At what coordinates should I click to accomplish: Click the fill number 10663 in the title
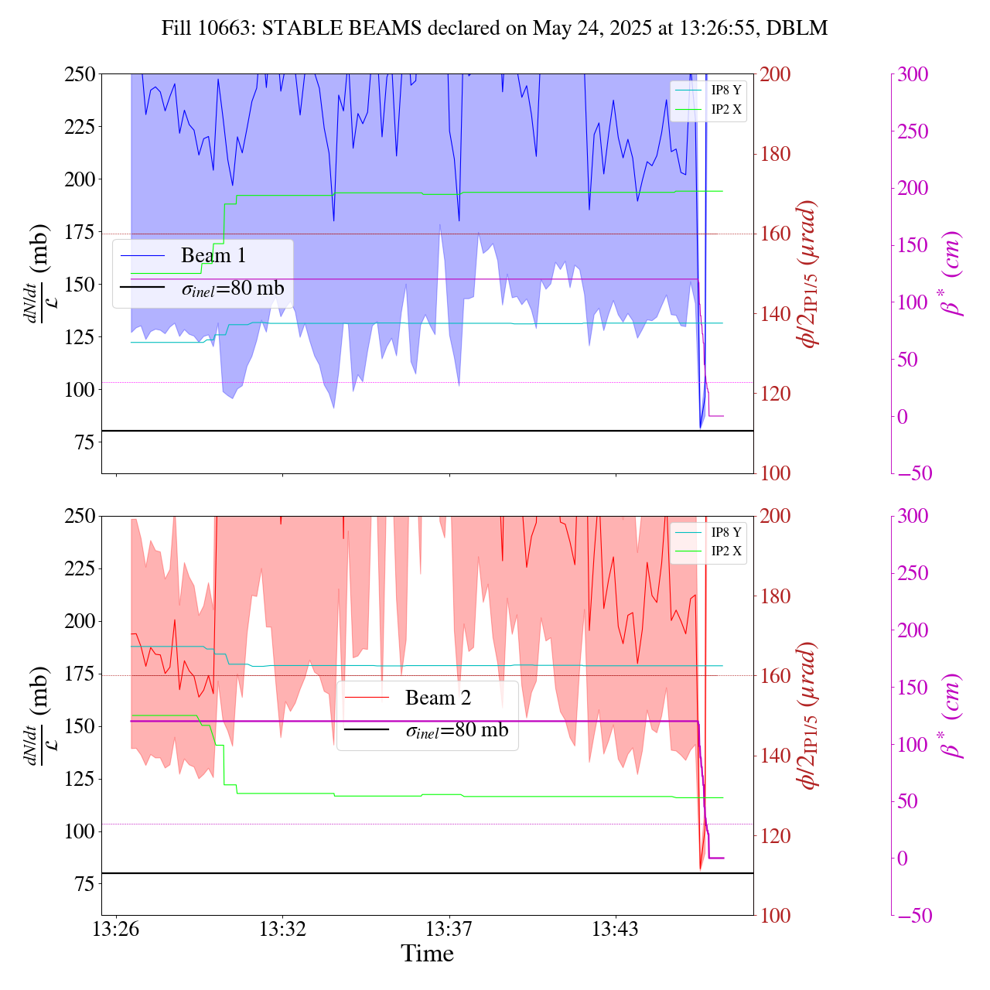(x=230, y=29)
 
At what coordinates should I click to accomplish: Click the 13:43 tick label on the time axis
(x=615, y=929)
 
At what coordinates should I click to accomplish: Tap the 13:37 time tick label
(x=449, y=929)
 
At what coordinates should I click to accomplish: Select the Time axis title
(x=427, y=954)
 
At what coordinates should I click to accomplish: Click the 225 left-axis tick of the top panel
(x=80, y=127)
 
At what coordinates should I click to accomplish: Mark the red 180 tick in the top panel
(x=776, y=154)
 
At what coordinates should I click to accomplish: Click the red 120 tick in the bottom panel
(x=776, y=835)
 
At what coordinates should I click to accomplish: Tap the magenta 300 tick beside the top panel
(x=913, y=74)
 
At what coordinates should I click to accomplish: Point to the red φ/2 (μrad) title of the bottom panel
(x=809, y=715)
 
